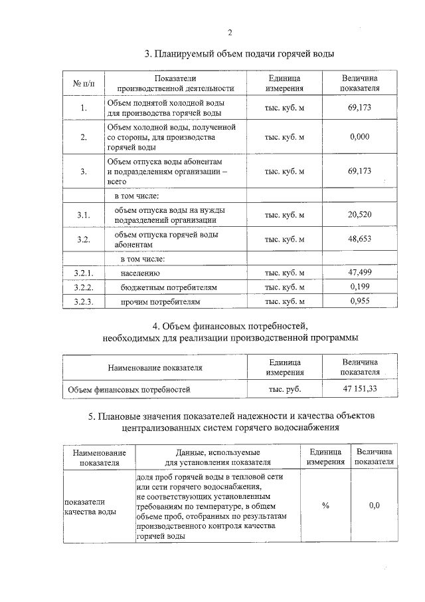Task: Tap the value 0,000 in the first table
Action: [359, 137]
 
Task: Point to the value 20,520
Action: [359, 214]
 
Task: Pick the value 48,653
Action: [359, 239]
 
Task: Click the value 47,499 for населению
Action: [359, 273]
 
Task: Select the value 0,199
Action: [359, 287]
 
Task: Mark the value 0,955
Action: [359, 301]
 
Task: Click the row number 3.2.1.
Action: [84, 273]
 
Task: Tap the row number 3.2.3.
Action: [84, 302]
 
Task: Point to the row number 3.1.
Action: [84, 215]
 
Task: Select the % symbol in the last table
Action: [325, 506]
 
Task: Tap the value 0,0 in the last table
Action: [374, 506]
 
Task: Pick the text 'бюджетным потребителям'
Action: [169, 287]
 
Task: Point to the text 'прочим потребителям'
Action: [160, 302]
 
